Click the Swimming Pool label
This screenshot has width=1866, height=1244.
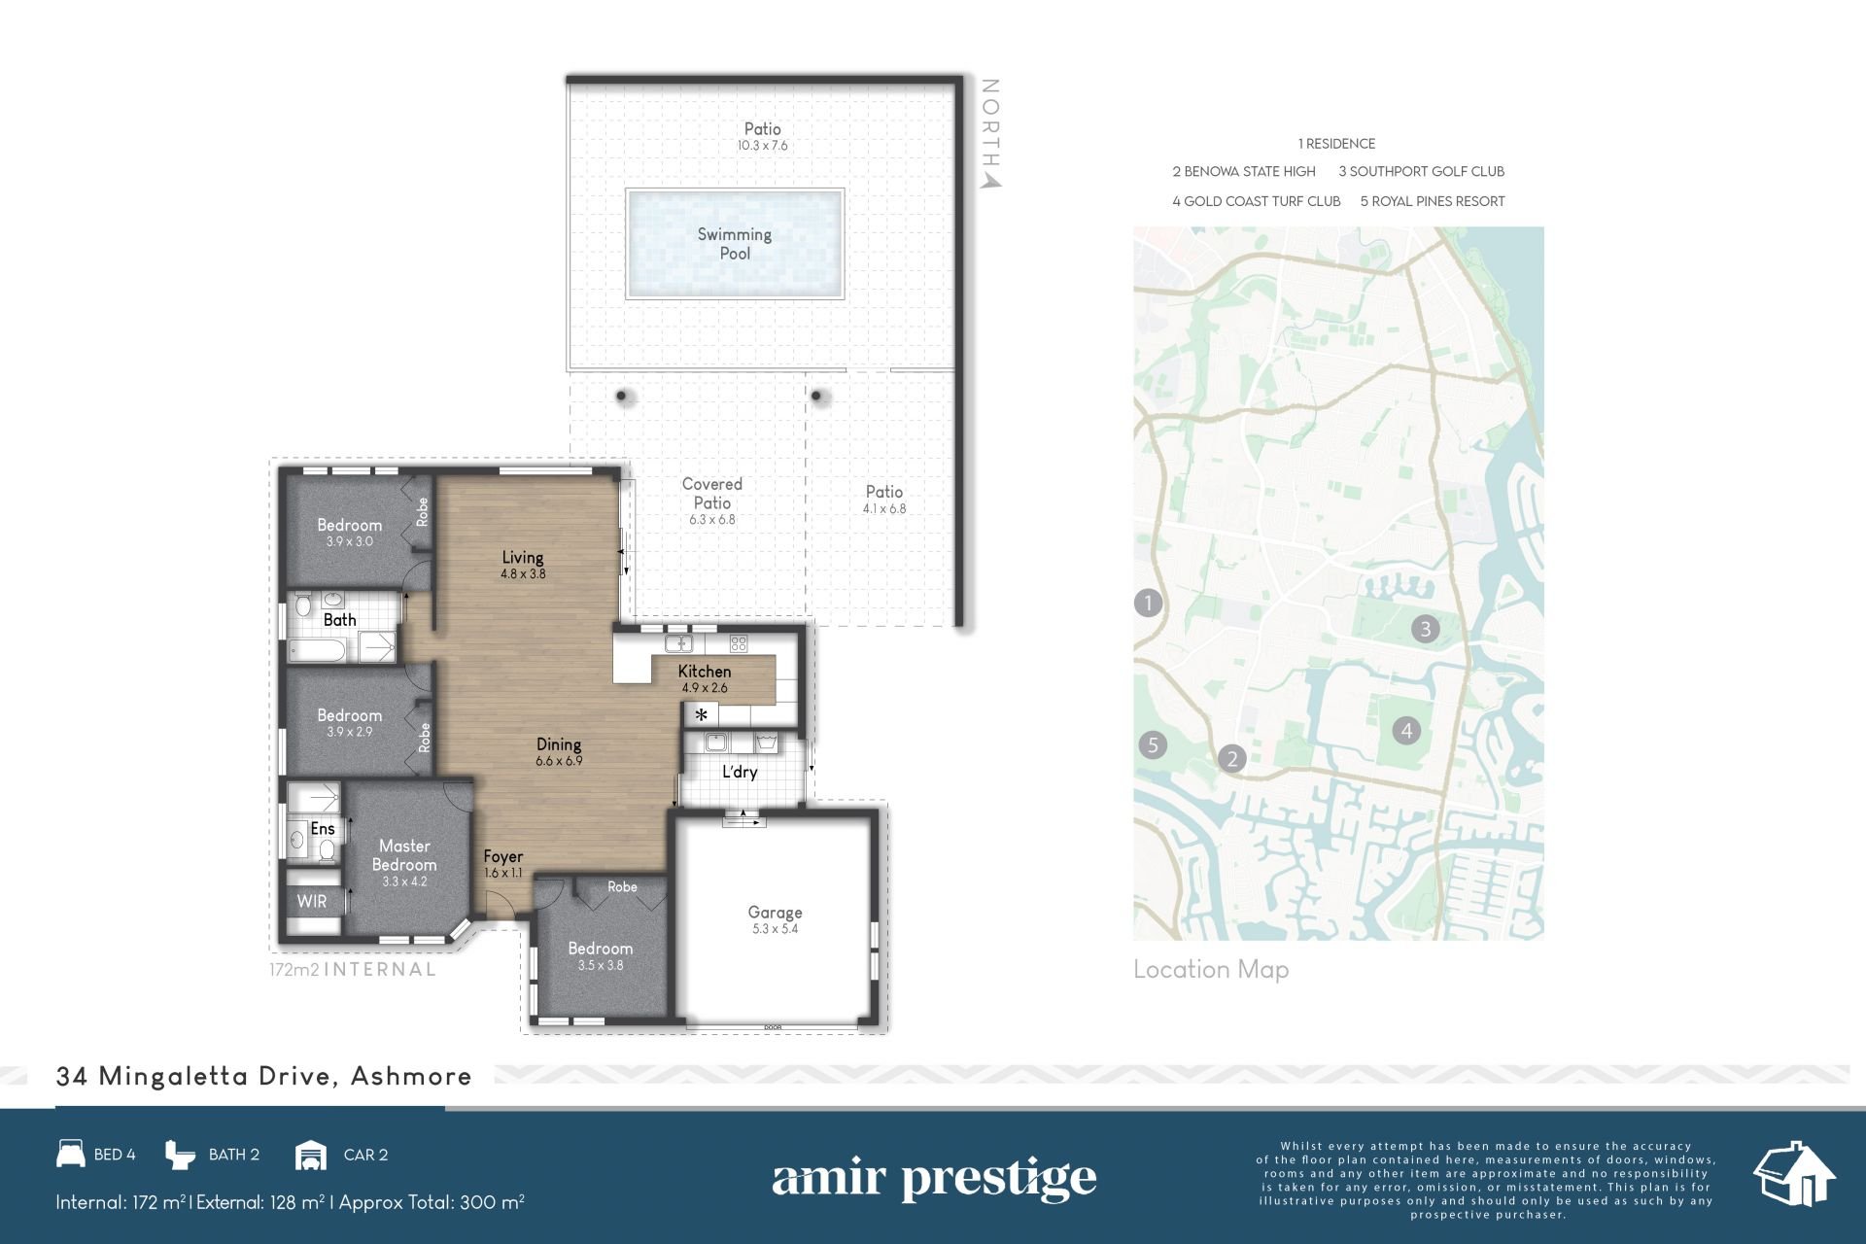(735, 244)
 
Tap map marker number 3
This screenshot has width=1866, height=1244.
(1426, 628)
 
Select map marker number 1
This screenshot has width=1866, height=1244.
(1148, 603)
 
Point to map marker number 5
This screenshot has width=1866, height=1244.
(1153, 744)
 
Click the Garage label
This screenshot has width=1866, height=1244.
(775, 913)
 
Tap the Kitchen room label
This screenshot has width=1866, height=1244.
(705, 672)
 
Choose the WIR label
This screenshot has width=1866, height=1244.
(312, 901)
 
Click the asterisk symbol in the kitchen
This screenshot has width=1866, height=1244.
(701, 715)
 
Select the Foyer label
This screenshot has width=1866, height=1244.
(503, 856)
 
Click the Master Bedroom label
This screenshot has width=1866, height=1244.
(404, 855)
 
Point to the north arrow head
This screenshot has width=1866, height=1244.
(990, 180)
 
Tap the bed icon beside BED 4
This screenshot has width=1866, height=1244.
(71, 1154)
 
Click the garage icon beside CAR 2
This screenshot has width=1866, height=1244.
(310, 1155)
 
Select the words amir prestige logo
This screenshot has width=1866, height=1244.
(934, 1179)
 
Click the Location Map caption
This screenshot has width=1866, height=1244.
(1211, 969)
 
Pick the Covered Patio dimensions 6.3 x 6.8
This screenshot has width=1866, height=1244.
(712, 520)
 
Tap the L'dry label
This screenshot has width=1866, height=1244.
(740, 772)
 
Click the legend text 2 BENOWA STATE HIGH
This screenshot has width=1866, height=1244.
(1244, 171)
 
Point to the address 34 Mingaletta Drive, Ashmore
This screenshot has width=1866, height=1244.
(264, 1076)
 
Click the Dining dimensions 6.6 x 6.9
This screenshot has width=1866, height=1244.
(559, 761)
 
